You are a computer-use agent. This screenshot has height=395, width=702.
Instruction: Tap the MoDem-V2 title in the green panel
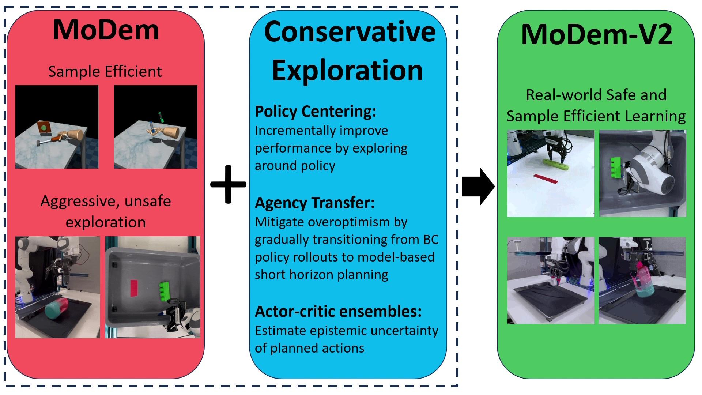pos(596,34)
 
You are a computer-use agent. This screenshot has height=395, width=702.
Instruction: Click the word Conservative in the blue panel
pos(350,31)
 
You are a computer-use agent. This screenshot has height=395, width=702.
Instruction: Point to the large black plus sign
pos(228,184)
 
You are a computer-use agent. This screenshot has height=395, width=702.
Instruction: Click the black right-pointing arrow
pos(478,187)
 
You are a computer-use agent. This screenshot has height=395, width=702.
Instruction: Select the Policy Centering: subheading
pos(315,112)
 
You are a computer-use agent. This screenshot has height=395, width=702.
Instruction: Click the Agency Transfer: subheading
pos(314,203)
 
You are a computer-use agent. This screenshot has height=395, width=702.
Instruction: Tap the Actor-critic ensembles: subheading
pos(338,311)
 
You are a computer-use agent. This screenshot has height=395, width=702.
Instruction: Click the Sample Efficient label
pos(105,71)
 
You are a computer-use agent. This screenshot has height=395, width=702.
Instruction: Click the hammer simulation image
pos(57,127)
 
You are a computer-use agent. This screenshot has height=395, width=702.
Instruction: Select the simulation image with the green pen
pos(156,127)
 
